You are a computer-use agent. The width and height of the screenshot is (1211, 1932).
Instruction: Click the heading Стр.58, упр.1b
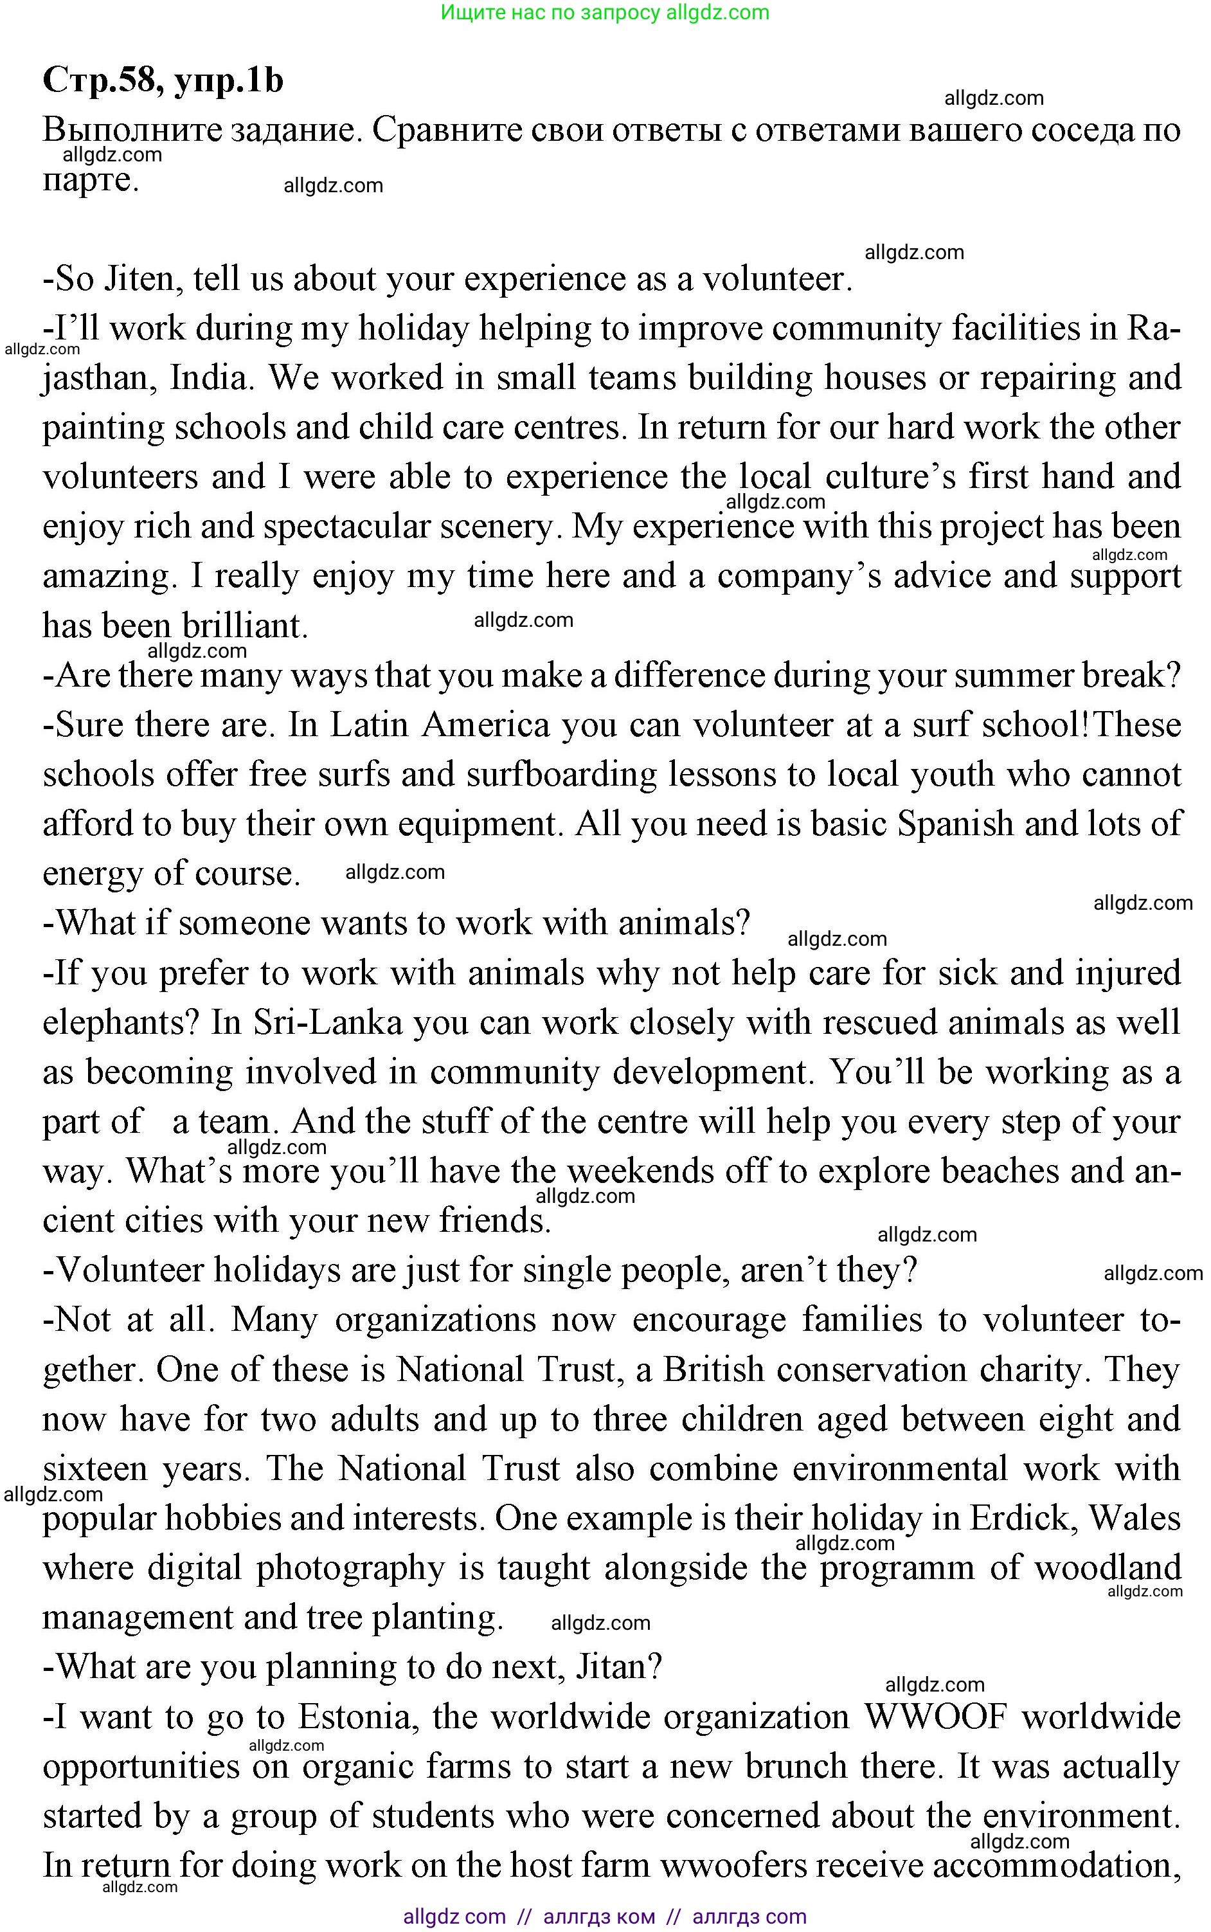click(163, 80)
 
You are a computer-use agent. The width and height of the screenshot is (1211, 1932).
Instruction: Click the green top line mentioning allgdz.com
click(605, 13)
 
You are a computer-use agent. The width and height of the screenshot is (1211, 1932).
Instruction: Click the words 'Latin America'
click(440, 725)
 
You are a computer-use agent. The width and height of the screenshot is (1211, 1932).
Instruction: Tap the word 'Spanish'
click(954, 824)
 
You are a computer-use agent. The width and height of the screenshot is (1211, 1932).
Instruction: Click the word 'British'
click(713, 1371)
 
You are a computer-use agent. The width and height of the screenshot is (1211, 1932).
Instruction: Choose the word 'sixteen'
click(95, 1470)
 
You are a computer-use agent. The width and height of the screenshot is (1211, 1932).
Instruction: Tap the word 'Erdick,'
click(1023, 1519)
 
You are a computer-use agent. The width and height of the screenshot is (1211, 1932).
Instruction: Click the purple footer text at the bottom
click(605, 1917)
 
